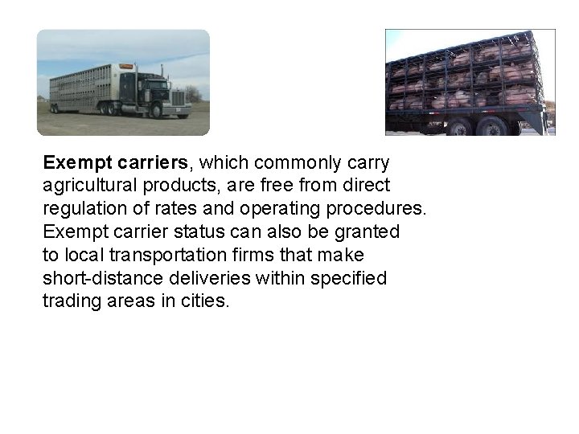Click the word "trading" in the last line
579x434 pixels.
click(70, 301)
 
